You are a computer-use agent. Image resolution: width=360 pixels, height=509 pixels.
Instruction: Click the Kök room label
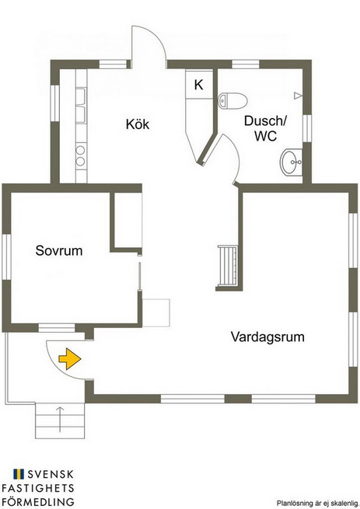click(138, 124)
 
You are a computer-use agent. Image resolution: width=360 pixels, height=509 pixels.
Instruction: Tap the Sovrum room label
click(59, 250)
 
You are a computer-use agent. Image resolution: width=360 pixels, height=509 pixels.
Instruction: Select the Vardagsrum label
click(267, 337)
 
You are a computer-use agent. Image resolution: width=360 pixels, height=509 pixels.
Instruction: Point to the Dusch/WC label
click(265, 128)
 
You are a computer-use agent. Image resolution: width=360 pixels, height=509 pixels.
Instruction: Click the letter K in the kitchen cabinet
click(198, 85)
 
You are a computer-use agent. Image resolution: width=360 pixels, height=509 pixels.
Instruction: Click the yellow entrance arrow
click(69, 359)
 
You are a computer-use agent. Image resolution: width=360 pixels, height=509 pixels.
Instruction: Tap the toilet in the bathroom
click(232, 100)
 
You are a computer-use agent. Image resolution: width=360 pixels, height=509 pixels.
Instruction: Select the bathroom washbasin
click(291, 162)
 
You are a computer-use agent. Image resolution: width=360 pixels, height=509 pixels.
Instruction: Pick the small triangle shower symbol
click(298, 96)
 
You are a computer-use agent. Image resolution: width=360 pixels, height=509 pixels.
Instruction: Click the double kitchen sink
click(81, 106)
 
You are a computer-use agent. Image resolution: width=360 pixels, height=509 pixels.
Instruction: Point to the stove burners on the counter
click(81, 155)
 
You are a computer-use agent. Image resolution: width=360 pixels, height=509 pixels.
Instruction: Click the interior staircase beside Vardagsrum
click(228, 266)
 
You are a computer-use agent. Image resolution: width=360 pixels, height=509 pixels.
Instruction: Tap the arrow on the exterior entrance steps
click(60, 419)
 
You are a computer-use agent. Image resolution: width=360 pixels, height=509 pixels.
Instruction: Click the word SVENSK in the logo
click(51, 474)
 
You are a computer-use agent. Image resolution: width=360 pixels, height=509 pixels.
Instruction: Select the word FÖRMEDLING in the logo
click(38, 501)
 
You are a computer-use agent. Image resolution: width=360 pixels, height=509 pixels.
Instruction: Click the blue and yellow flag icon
click(19, 474)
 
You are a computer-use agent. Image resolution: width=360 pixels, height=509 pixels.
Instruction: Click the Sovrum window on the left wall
click(6, 256)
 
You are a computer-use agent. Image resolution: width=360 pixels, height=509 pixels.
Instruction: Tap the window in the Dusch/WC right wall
click(307, 128)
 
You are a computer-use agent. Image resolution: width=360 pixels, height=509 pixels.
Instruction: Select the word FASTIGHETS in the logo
click(38, 488)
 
